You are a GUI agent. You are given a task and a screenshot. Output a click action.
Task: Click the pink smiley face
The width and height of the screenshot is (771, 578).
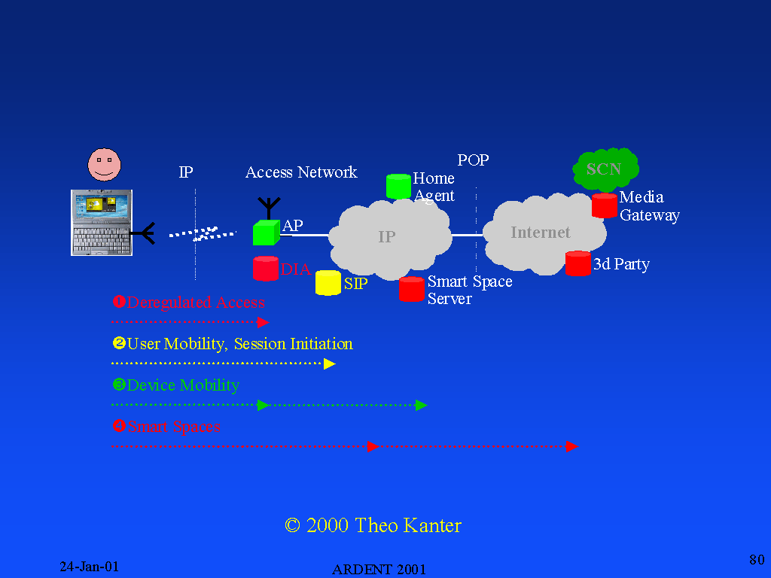(104, 164)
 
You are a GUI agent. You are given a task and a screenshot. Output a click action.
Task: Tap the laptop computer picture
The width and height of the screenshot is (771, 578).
(102, 222)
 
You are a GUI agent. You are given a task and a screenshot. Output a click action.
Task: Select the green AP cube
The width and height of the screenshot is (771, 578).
(266, 233)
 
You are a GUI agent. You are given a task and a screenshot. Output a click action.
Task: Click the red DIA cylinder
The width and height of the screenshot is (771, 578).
(266, 269)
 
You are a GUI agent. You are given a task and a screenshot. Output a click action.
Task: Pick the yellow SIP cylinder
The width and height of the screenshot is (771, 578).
(328, 283)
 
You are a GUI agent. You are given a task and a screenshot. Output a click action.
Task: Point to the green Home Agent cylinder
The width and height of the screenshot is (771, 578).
(398, 187)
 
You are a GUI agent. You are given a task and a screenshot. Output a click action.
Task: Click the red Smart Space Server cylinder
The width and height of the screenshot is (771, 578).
(411, 289)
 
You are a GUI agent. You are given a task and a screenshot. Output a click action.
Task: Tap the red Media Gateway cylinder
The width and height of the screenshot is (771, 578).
(604, 205)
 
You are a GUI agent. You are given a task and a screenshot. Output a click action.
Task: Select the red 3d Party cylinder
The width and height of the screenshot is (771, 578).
(578, 263)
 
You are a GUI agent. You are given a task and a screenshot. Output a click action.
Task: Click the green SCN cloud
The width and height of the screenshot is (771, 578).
(605, 169)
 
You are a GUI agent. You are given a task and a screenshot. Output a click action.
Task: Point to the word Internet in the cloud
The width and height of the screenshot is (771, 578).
(541, 233)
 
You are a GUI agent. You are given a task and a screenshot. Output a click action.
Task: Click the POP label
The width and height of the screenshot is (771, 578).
(473, 160)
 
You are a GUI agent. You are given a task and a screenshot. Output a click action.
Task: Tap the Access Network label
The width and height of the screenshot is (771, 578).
(301, 172)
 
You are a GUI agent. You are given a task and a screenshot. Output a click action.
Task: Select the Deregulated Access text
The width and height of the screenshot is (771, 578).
(196, 303)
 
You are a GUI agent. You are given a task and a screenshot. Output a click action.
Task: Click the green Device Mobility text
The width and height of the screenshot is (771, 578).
(183, 385)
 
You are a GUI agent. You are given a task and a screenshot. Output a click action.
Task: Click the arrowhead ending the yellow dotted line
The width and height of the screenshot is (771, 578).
(329, 364)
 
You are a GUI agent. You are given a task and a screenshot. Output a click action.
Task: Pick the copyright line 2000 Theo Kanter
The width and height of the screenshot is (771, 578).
(373, 525)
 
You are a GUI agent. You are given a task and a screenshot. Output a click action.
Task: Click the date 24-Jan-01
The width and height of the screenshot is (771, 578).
(90, 567)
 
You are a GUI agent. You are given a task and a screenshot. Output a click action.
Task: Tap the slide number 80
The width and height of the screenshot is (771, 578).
(757, 559)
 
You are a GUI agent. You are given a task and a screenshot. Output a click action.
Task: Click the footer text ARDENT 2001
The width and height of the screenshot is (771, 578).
(379, 569)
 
